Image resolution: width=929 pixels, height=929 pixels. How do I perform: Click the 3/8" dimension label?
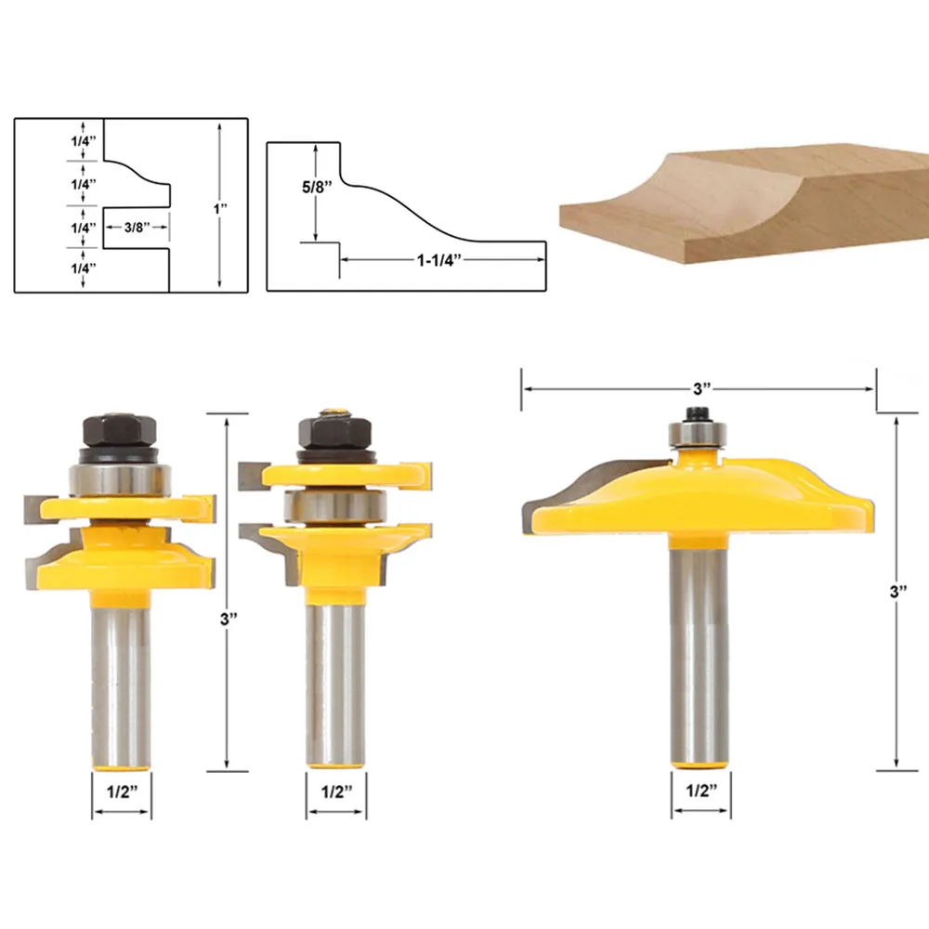[136, 226]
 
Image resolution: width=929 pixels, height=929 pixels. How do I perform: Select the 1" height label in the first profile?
[220, 209]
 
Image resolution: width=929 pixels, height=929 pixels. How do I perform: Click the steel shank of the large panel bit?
[697, 650]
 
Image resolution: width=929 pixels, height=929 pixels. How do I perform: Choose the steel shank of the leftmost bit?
[121, 678]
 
